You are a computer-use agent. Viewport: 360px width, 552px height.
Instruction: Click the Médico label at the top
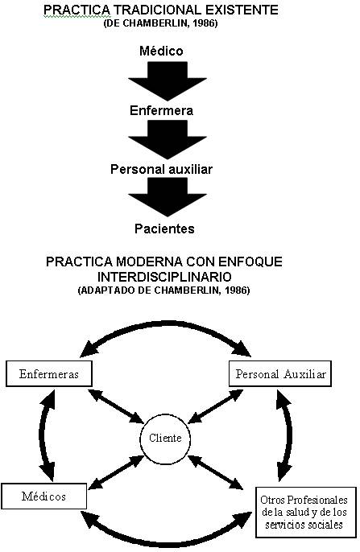coord(161,51)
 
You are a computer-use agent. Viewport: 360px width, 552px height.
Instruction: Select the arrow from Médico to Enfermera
coord(168,81)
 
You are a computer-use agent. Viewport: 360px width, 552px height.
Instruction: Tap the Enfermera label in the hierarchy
coord(161,110)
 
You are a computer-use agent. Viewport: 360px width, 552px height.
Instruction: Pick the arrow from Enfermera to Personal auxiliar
coord(168,140)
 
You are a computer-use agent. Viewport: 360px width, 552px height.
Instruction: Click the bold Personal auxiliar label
coord(161,169)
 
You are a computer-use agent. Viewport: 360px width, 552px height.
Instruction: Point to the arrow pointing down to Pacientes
coord(168,197)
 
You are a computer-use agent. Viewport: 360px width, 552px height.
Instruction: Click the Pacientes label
coord(164,229)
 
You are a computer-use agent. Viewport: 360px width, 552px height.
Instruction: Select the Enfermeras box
coord(49,373)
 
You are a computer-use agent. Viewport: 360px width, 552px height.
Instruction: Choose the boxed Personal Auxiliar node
coord(280,373)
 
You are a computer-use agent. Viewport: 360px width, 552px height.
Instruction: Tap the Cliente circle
coord(165,439)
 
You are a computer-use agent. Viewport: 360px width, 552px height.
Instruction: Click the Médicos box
coord(44,496)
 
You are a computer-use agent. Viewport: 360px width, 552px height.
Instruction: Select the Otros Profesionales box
coord(306,513)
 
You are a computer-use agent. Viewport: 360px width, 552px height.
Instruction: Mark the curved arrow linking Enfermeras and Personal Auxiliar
coord(166,322)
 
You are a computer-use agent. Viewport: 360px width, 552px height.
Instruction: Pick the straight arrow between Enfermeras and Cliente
coord(117,406)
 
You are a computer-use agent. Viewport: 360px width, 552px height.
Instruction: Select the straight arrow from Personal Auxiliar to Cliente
coord(215,406)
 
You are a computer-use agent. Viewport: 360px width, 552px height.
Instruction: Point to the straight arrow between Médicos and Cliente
coord(116,472)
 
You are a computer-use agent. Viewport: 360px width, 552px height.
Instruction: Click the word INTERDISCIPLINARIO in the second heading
coord(164,277)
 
